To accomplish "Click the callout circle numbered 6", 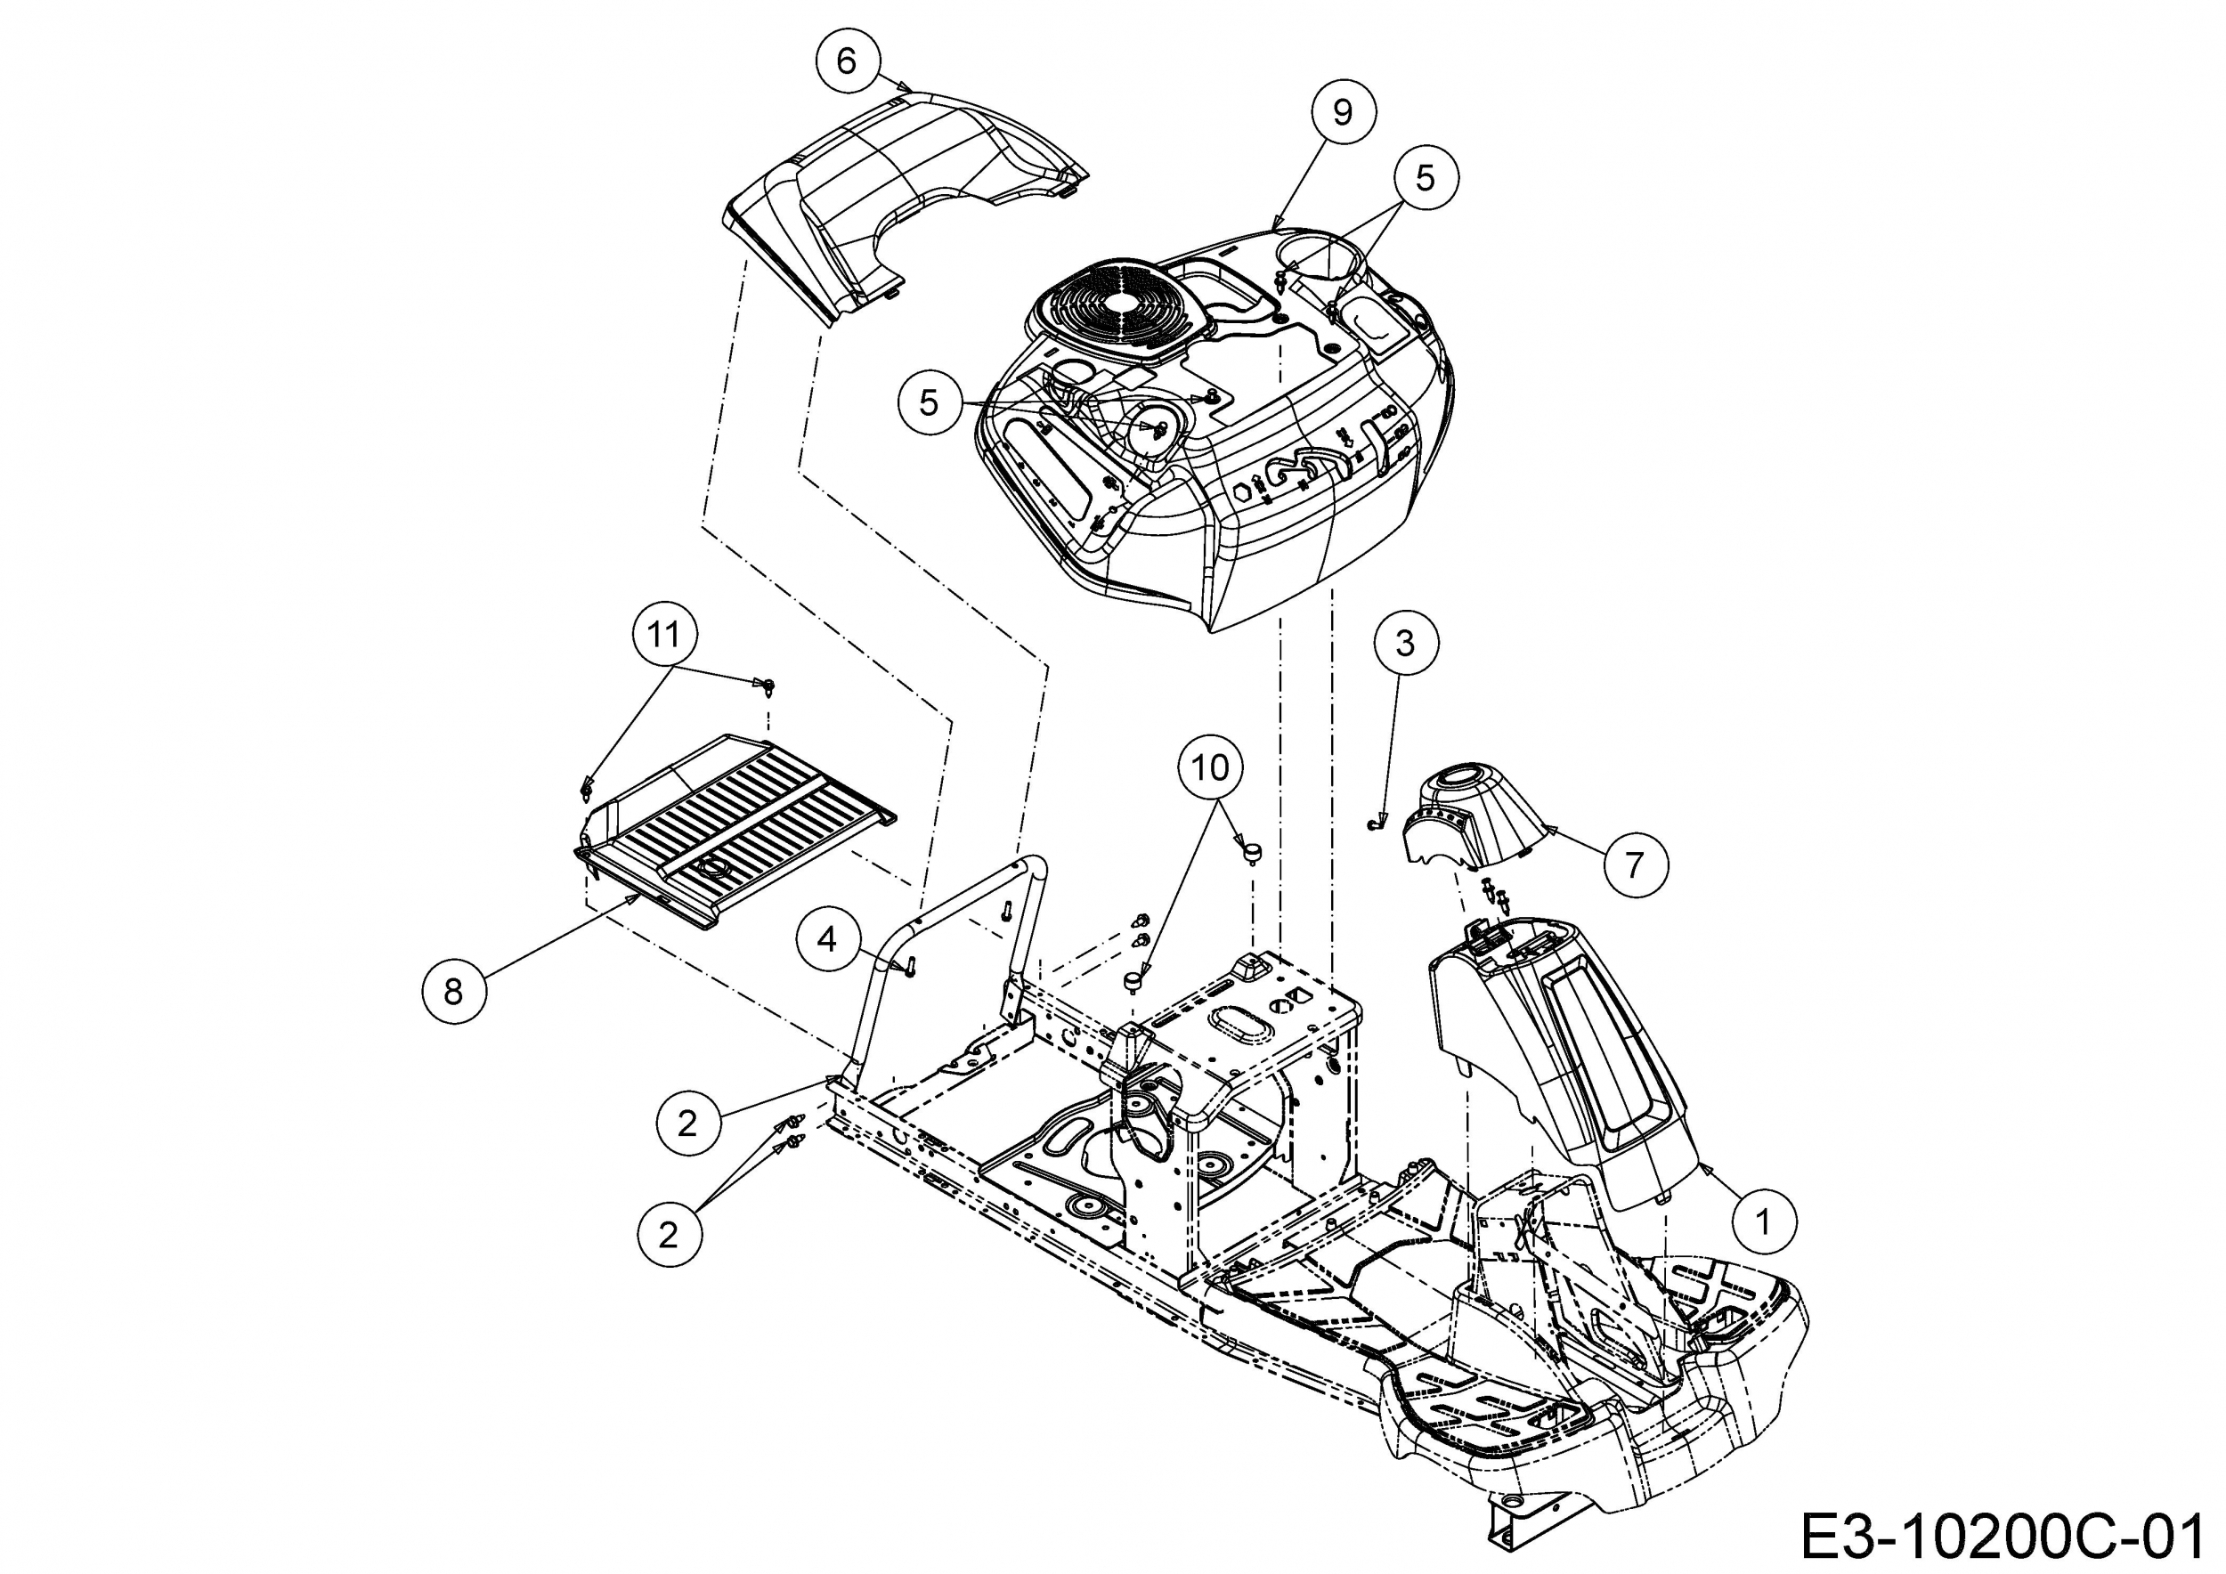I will pyautogui.click(x=847, y=61).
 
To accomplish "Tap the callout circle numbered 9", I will pyautogui.click(x=1342, y=113).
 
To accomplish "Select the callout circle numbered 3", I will pyautogui.click(x=1405, y=643).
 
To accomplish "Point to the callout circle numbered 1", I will pyautogui.click(x=1764, y=1221).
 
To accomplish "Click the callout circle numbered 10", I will pyautogui.click(x=1210, y=768).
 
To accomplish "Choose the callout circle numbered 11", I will pyautogui.click(x=664, y=635).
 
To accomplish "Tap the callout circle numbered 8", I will pyautogui.click(x=454, y=992).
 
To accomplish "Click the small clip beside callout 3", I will pyautogui.click(x=1370, y=824).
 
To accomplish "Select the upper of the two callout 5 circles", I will pyautogui.click(x=1425, y=177).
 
